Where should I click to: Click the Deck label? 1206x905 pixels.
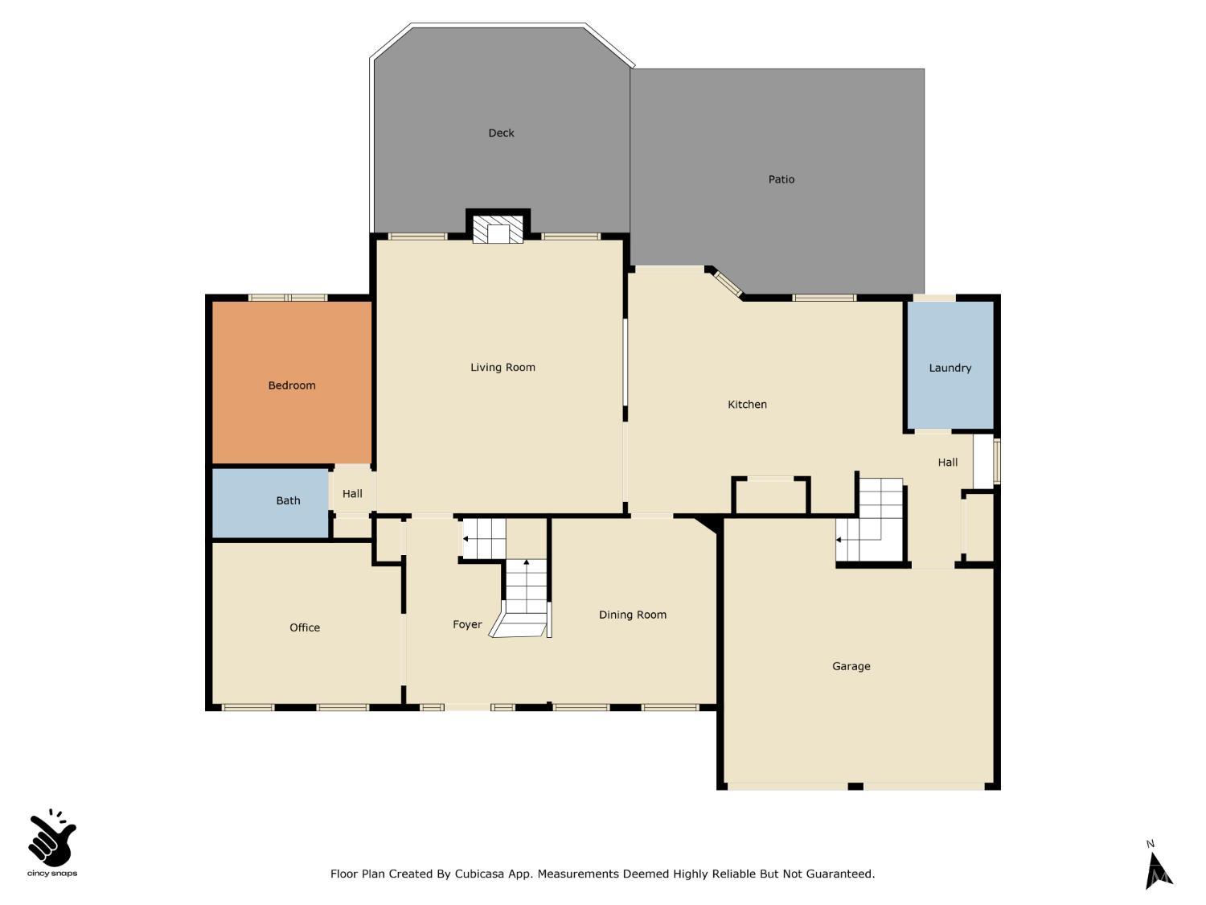[x=501, y=133]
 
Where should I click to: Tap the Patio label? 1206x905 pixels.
[x=781, y=179]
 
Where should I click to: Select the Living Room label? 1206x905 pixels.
[x=503, y=368]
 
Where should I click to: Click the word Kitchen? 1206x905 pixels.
[x=747, y=405]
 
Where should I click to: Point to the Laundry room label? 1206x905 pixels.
[x=950, y=368]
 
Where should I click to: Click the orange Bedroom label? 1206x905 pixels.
[x=291, y=385]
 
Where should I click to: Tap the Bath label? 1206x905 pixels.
[x=288, y=500]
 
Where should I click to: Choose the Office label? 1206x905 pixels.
[x=305, y=627]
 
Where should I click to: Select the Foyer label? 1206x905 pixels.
[x=467, y=624]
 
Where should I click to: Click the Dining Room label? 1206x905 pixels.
[x=632, y=615]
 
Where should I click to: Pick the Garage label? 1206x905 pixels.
[x=851, y=666]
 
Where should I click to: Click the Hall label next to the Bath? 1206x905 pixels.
[x=352, y=494]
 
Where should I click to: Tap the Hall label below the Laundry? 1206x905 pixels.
[x=947, y=463]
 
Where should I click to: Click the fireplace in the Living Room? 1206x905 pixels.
[x=498, y=229]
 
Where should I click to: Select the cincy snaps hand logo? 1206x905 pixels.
[x=52, y=841]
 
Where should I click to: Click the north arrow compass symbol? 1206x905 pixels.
[x=1158, y=867]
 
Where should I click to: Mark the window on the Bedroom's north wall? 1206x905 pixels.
[x=288, y=298]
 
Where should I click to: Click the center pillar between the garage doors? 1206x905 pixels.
[x=855, y=786]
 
